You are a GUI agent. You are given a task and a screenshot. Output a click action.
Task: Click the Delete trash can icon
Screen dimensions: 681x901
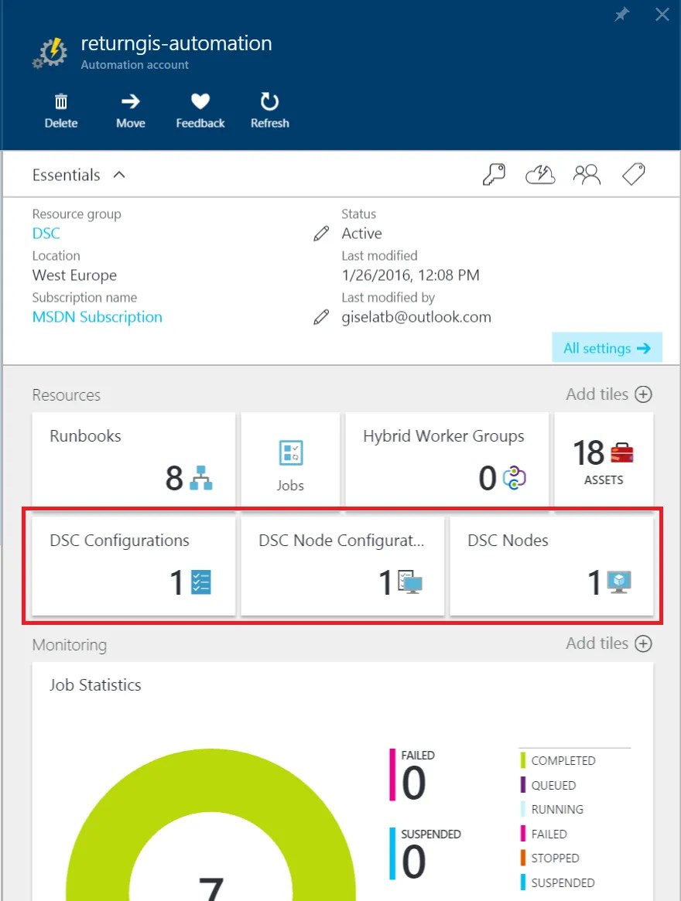(61, 102)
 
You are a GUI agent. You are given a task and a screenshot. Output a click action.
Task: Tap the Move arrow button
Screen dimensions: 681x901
(131, 102)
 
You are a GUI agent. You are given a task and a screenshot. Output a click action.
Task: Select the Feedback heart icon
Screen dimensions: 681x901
(200, 101)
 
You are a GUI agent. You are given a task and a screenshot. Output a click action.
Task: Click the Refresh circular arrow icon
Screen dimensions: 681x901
(269, 101)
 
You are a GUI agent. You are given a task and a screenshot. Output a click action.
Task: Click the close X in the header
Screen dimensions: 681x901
(662, 15)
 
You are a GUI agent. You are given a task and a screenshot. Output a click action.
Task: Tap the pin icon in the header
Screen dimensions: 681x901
(621, 15)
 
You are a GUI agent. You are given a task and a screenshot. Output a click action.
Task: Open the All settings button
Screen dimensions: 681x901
(607, 348)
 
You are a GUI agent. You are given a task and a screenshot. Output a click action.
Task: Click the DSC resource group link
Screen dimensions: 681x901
(46, 234)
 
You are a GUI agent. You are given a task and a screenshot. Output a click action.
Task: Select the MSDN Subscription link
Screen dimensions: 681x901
(98, 317)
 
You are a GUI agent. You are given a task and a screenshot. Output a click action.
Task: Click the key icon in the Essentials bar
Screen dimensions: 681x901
(494, 175)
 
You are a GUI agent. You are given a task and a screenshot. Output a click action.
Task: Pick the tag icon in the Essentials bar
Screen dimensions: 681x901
(634, 174)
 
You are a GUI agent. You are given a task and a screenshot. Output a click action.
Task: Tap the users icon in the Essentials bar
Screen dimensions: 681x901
(587, 175)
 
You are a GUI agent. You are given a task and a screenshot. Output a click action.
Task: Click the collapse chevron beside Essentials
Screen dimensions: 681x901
(119, 175)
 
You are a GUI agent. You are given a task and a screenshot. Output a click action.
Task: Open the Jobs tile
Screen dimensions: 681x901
(290, 459)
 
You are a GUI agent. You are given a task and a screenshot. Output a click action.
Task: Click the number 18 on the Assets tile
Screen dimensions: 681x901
(588, 452)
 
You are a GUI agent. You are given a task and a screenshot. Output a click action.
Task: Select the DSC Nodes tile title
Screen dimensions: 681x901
(508, 540)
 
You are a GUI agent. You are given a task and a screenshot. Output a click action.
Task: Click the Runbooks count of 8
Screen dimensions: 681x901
(174, 478)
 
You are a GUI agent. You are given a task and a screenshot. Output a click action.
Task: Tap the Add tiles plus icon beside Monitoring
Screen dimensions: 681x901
(643, 643)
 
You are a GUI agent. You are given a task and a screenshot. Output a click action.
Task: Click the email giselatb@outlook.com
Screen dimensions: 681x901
(416, 317)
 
